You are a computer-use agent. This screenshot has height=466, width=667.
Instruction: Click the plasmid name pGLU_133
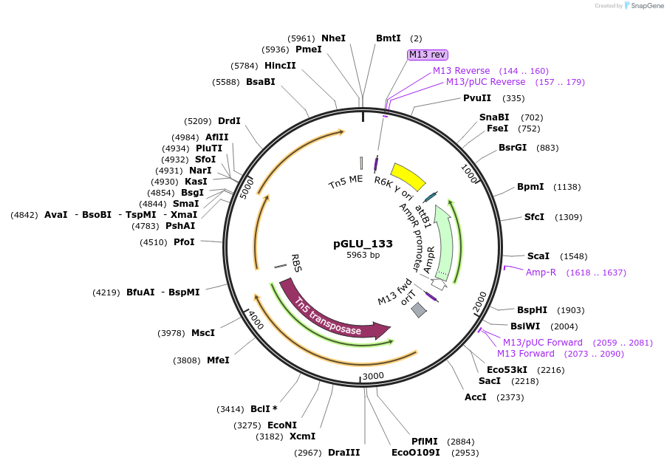pyautogui.click(x=363, y=244)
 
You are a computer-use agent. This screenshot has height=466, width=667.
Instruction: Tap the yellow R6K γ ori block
pyautogui.click(x=408, y=177)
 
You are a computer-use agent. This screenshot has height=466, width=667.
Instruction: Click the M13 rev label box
pyautogui.click(x=428, y=55)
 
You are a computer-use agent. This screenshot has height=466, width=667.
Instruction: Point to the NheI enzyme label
pyautogui.click(x=333, y=38)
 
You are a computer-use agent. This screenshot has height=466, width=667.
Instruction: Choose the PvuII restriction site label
pyautogui.click(x=477, y=98)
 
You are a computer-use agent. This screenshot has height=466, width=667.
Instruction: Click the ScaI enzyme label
pyautogui.click(x=538, y=256)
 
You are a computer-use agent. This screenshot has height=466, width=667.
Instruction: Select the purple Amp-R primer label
pyautogui.click(x=541, y=273)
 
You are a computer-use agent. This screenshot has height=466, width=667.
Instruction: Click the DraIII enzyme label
pyautogui.click(x=343, y=452)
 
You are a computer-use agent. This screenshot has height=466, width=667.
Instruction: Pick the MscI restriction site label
pyautogui.click(x=203, y=333)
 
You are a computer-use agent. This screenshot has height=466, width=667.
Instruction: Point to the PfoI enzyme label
pyautogui.click(x=184, y=241)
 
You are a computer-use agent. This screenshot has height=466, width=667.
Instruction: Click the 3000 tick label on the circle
pyautogui.click(x=373, y=376)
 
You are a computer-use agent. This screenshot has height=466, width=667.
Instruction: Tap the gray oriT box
pyautogui.click(x=419, y=310)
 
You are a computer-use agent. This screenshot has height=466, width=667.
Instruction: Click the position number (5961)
pyautogui.click(x=301, y=38)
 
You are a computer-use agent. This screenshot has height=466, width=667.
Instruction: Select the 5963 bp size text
pyautogui.click(x=363, y=256)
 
